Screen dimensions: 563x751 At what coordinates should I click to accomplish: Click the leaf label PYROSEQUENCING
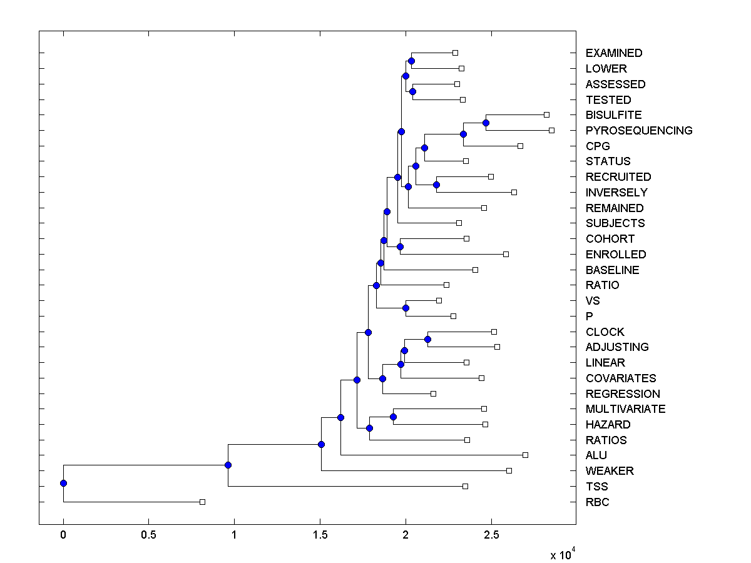click(x=638, y=131)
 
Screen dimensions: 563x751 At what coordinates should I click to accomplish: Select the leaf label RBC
click(x=597, y=502)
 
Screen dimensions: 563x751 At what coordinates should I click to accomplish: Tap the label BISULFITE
click(x=613, y=115)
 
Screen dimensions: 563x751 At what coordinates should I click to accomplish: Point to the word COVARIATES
click(x=620, y=378)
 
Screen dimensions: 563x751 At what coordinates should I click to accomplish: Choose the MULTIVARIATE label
click(x=625, y=409)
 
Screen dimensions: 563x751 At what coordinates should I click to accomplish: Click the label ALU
click(x=596, y=455)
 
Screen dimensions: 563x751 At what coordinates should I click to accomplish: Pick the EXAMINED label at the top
click(x=613, y=53)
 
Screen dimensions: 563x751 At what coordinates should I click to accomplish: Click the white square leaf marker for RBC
click(x=202, y=502)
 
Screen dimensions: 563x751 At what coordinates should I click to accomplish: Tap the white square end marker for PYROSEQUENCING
click(x=551, y=130)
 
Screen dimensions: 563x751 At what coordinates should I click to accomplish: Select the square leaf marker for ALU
click(x=525, y=455)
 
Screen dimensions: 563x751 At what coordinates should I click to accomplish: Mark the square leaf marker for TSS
click(x=465, y=486)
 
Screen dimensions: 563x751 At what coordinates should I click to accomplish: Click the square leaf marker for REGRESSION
click(x=433, y=393)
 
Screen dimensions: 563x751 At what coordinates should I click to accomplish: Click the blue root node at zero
click(x=63, y=483)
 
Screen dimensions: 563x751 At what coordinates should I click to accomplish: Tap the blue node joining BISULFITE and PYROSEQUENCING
click(x=486, y=123)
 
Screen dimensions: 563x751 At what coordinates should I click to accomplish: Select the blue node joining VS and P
click(x=406, y=308)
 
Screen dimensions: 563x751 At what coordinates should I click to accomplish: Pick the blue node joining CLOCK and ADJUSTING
click(x=427, y=339)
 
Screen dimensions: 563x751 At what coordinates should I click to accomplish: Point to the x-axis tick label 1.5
click(x=320, y=535)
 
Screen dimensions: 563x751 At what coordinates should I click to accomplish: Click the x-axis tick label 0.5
click(x=148, y=535)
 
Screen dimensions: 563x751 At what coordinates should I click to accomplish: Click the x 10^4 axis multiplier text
click(x=561, y=554)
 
